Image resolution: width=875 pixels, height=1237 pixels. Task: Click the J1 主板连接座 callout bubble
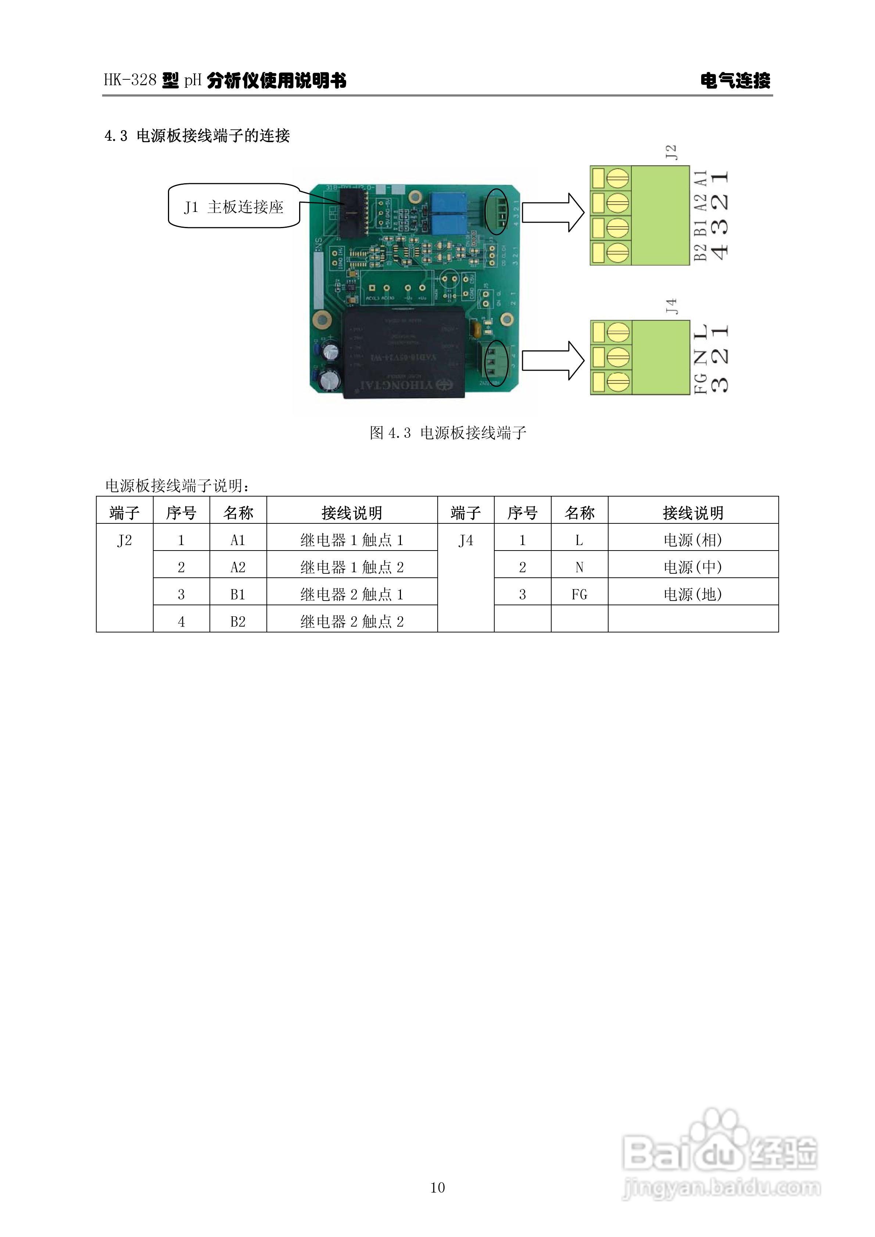pos(233,207)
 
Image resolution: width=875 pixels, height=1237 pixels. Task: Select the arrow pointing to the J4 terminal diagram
pos(553,360)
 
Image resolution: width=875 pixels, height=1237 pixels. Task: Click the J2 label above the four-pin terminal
pos(671,152)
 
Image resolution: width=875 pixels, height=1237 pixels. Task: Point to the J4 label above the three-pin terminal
pos(671,307)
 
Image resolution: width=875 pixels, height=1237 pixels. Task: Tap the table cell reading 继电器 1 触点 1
pos(352,540)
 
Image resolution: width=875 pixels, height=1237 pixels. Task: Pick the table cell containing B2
pos(238,621)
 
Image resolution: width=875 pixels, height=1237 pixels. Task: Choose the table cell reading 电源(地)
pos(693,594)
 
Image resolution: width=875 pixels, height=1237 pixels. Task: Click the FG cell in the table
pos(579,594)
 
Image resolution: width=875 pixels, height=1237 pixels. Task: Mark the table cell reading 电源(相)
pos(693,540)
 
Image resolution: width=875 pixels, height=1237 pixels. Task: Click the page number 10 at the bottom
pos(437,1187)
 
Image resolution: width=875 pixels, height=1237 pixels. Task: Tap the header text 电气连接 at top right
pos(735,81)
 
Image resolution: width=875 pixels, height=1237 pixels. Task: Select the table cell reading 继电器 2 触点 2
pos(352,621)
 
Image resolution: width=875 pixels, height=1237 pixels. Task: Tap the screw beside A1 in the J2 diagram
pos(618,178)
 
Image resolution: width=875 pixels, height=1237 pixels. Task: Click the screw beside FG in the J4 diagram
pos(618,382)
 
